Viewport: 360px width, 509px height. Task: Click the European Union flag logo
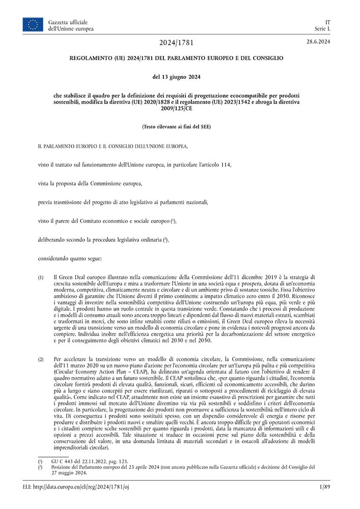pos(33,24)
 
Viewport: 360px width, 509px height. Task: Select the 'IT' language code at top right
pos(327,22)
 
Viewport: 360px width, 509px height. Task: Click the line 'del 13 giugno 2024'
pos(176,77)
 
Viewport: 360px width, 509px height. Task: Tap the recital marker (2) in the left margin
pos(41,360)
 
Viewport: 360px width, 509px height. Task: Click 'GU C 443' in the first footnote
pos(64,461)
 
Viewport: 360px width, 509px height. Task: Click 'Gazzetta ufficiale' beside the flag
pos(68,22)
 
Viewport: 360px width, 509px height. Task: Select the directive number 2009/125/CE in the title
pos(176,108)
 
